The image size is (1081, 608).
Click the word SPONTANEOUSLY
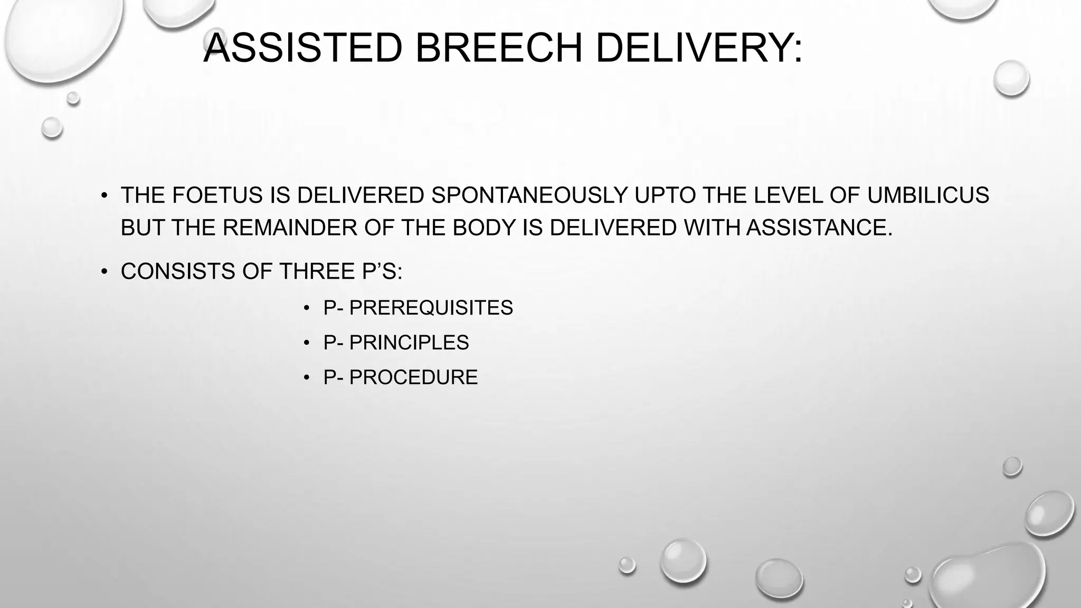pyautogui.click(x=529, y=195)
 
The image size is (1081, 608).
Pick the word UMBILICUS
pyautogui.click(x=928, y=195)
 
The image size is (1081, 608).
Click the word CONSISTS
pyautogui.click(x=177, y=271)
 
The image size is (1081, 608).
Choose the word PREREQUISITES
pyautogui.click(x=431, y=308)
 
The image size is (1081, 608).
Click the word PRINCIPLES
pyautogui.click(x=409, y=343)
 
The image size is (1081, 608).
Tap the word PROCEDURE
pyautogui.click(x=413, y=377)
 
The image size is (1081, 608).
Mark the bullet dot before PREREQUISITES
pyautogui.click(x=306, y=308)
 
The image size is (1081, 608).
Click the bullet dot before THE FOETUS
pyautogui.click(x=105, y=196)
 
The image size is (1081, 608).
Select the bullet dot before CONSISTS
pyautogui.click(x=105, y=272)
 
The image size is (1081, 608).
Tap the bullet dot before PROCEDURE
pyautogui.click(x=306, y=378)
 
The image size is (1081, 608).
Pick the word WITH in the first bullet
pyautogui.click(x=712, y=228)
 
